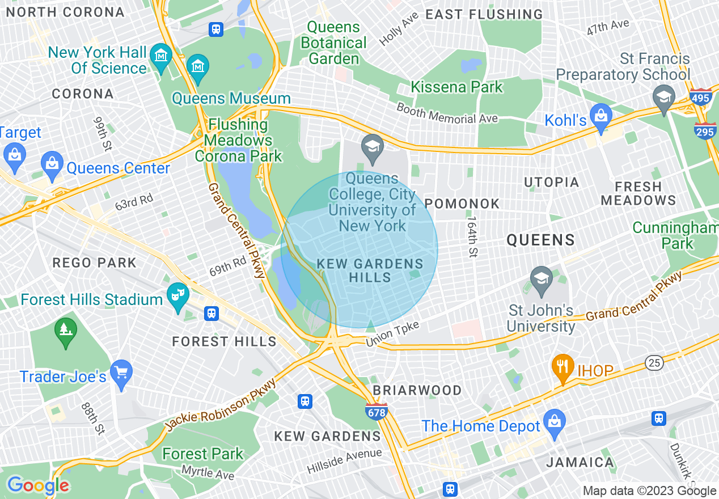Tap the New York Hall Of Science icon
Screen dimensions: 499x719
coord(162,55)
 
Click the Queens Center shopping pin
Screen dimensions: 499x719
coord(52,163)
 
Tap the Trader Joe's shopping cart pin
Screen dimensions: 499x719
coord(121,373)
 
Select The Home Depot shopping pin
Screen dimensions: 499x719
coord(554,421)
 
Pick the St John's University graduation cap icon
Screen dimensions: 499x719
coord(542,279)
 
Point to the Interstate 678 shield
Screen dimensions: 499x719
coord(377,412)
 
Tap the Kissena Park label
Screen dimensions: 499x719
coord(456,87)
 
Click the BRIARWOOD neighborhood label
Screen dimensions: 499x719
coord(417,390)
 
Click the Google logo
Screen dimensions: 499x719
coord(38,485)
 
